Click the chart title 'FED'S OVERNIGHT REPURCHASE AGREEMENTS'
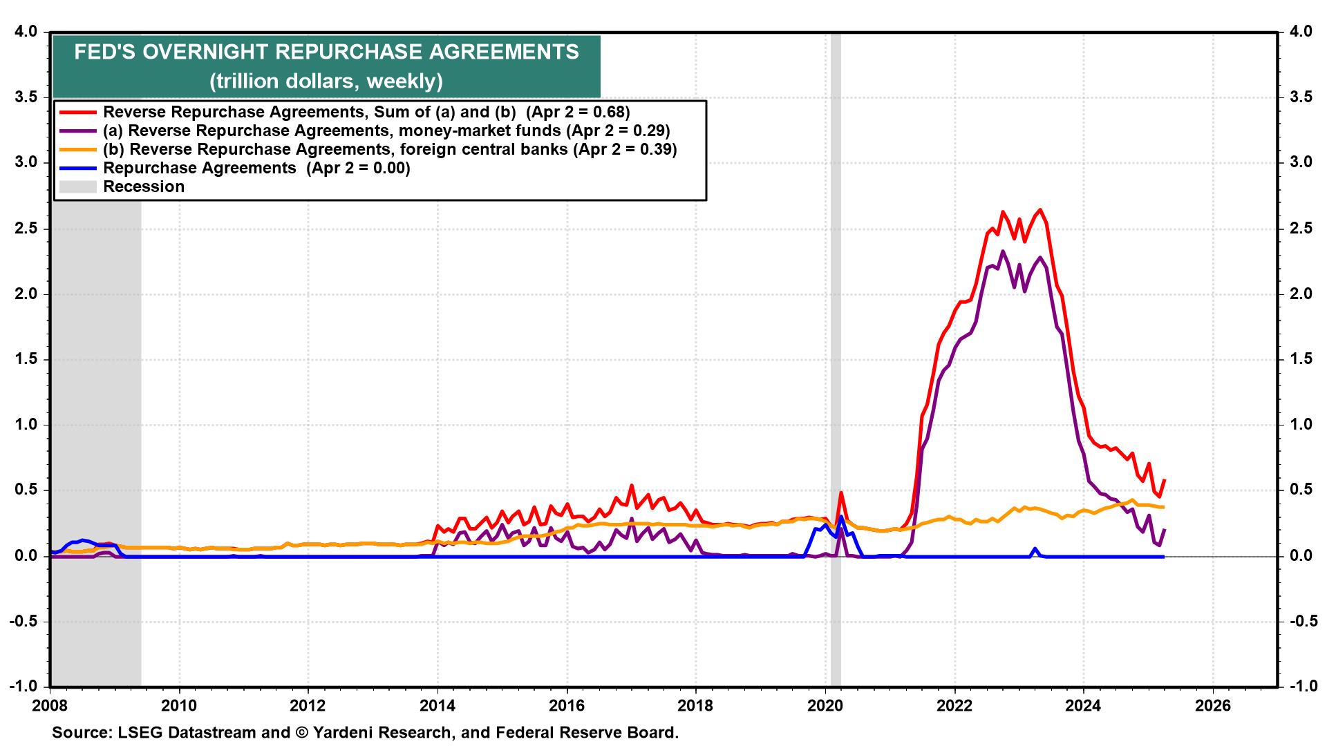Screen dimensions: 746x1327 click(x=326, y=52)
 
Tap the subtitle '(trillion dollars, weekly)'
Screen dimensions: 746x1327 click(x=326, y=82)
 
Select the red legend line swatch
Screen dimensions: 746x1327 click(x=78, y=112)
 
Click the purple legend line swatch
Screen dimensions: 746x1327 click(x=78, y=131)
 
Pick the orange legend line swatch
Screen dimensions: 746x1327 click(x=78, y=149)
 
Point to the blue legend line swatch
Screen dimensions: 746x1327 click(x=78, y=168)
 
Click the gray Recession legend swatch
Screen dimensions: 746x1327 click(x=78, y=186)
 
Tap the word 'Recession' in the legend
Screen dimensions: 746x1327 click(x=144, y=186)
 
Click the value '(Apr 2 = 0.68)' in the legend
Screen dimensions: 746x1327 click(x=578, y=112)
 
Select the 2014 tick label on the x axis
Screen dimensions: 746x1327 click(x=437, y=706)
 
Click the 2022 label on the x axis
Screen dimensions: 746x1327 click(x=954, y=706)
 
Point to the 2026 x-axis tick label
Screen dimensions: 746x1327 click(x=1213, y=706)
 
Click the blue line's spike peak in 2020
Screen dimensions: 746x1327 click(x=841, y=517)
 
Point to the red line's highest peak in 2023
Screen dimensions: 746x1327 click(x=1040, y=210)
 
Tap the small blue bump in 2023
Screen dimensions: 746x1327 click(x=1035, y=549)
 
